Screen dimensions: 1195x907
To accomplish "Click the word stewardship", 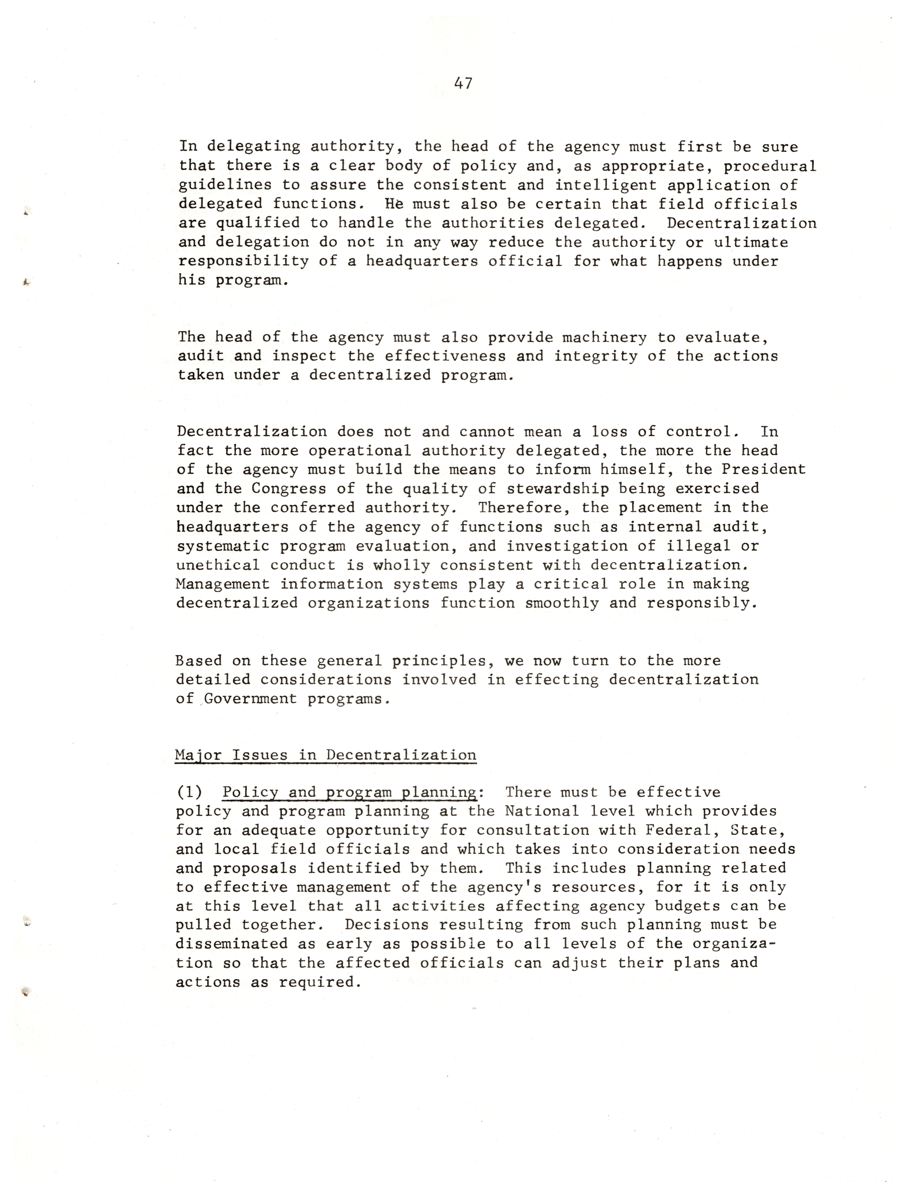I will (x=558, y=488).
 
